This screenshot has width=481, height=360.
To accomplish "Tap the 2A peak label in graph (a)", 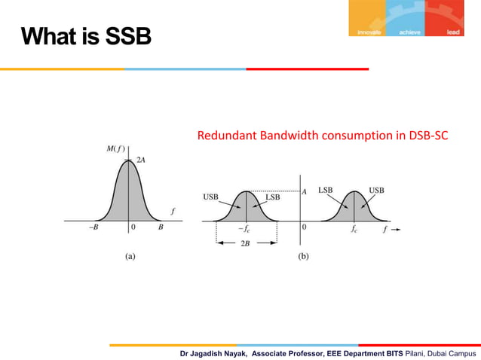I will click(x=141, y=160).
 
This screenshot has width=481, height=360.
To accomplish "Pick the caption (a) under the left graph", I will click(x=130, y=256).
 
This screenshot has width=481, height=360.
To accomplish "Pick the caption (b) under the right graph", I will click(x=303, y=256).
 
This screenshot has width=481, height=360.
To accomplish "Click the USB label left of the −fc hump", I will click(x=212, y=197).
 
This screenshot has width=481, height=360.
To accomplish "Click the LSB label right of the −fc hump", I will click(x=273, y=197).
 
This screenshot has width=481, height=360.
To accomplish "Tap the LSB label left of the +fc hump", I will click(x=326, y=190).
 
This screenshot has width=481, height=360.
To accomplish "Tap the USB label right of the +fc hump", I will click(x=375, y=190).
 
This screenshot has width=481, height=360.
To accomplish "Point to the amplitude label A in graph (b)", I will click(x=304, y=192).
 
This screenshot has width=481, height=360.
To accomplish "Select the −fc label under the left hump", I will click(x=244, y=227).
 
